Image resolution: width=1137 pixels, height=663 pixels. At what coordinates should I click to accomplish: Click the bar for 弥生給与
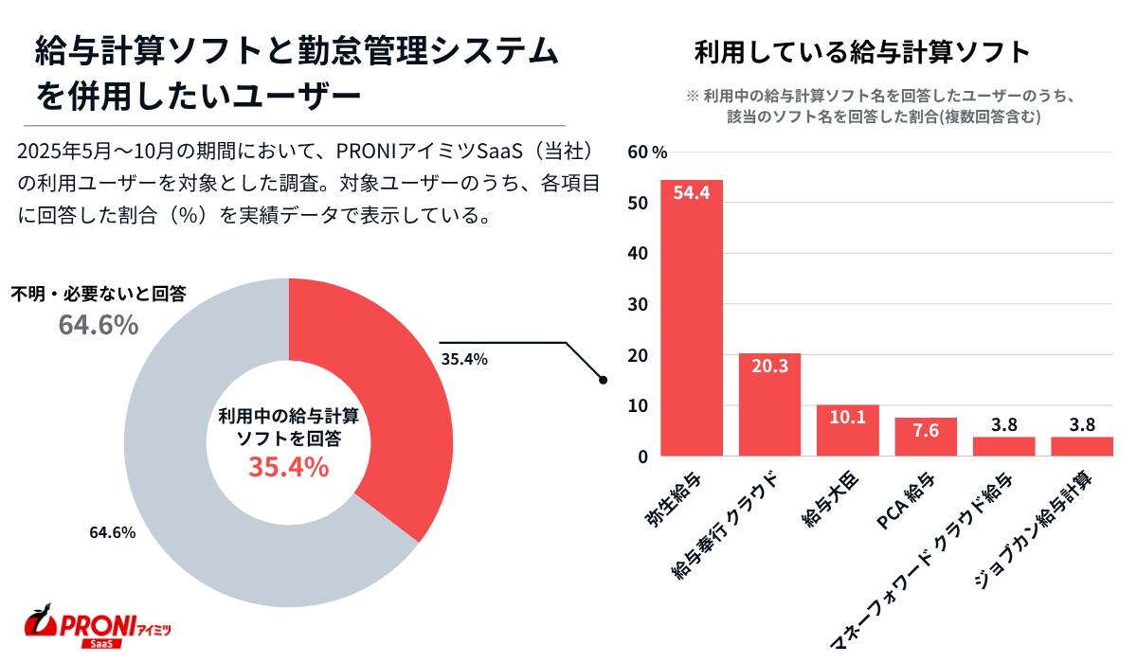692,322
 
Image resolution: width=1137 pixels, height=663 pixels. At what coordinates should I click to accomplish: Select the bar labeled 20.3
769,407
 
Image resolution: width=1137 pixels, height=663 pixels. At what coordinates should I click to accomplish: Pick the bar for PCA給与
926,438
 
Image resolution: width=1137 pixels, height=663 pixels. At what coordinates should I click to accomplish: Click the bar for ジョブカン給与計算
1081,446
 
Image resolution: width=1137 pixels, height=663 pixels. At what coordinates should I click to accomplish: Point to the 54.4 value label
692,192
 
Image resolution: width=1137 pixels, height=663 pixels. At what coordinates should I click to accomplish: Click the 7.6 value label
926,431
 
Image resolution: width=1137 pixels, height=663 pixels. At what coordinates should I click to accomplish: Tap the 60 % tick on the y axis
647,152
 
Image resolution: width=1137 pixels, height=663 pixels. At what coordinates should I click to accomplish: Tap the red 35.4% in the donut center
289,467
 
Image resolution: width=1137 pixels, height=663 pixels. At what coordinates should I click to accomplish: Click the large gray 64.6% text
99,325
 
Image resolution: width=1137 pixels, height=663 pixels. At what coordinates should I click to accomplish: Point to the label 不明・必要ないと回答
98,294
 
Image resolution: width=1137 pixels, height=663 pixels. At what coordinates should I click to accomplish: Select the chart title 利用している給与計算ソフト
861,53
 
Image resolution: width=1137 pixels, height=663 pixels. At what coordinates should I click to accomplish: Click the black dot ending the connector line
603,380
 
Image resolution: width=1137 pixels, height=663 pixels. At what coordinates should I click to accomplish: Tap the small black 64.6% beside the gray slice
113,532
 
